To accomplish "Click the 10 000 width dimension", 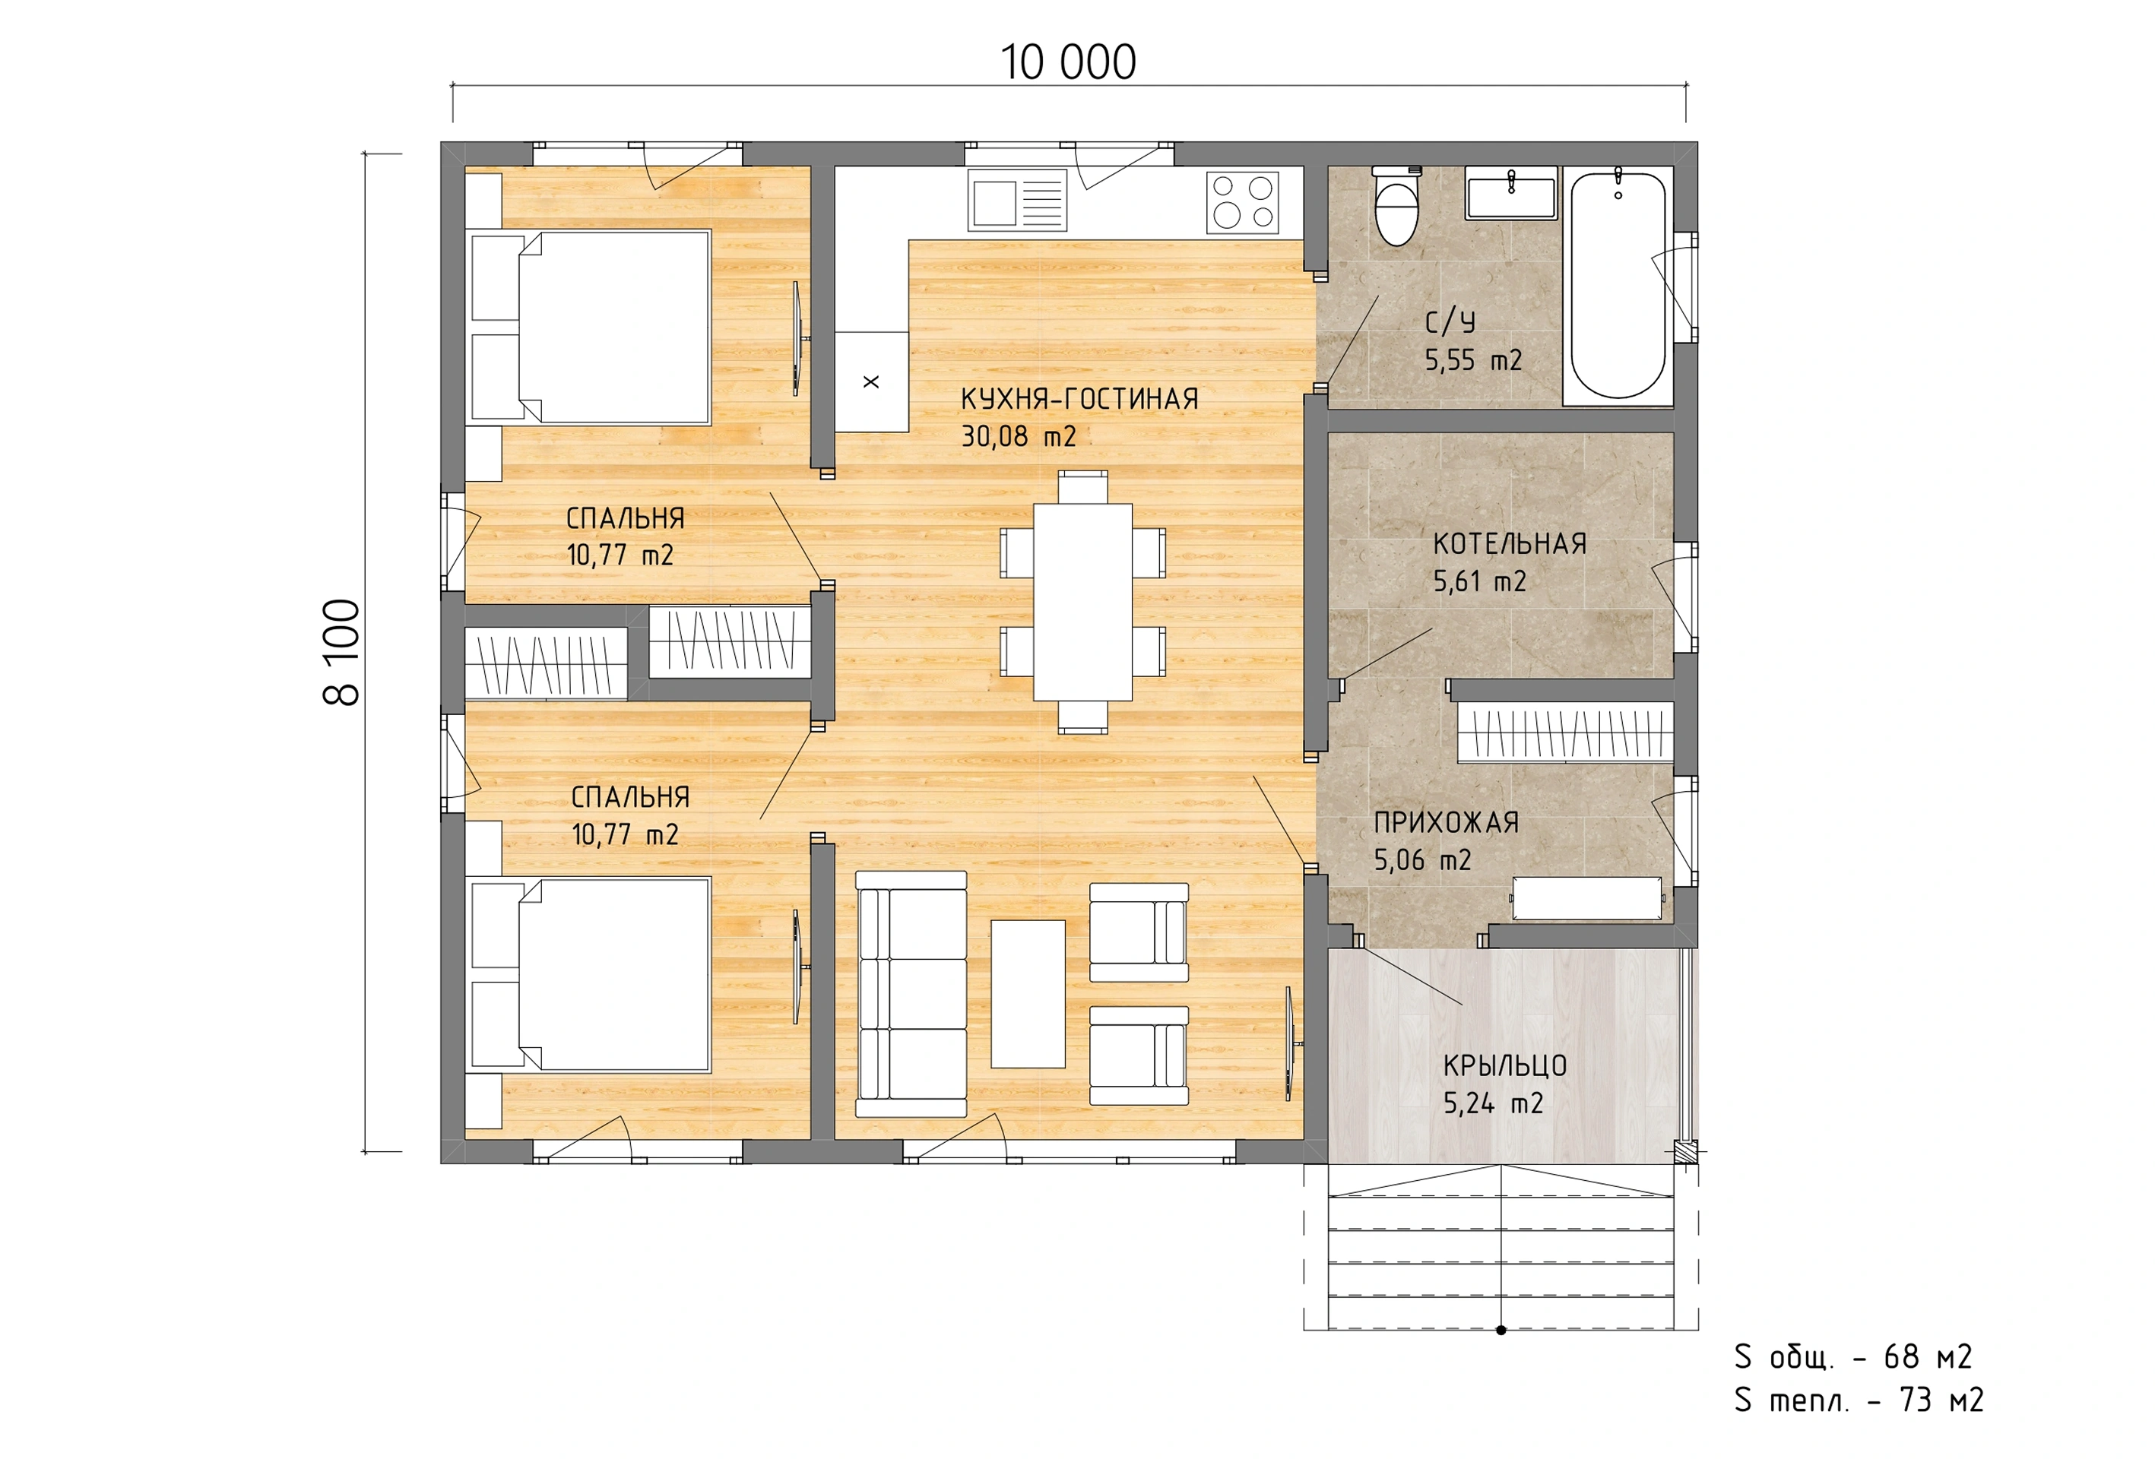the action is click(1068, 63).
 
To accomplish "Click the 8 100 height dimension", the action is click(342, 652).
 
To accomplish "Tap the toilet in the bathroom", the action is click(1396, 206).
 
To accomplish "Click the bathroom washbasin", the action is click(1510, 194).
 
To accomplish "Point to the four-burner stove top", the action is click(1243, 202).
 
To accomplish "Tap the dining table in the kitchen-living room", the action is click(1082, 602).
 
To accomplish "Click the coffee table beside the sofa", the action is click(1028, 994).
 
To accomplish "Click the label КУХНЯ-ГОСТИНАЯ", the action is click(1079, 400).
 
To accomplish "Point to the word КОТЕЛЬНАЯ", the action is click(1510, 543).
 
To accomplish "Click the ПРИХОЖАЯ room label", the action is click(1446, 822).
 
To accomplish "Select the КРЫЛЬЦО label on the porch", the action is click(1505, 1066).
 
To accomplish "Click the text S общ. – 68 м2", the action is click(1852, 1357).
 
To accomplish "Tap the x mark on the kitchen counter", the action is click(870, 381).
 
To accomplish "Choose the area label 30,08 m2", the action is click(1018, 435).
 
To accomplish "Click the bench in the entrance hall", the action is click(1586, 898).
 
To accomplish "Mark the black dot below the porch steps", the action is click(1501, 1330).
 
